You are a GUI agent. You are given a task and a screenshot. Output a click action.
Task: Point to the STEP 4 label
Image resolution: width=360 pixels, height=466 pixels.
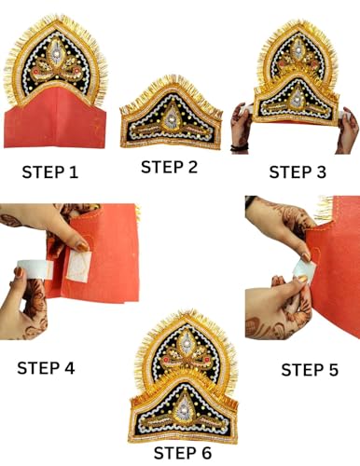coord(46,367)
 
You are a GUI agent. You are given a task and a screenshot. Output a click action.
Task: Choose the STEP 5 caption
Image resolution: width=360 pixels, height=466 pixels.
coord(309,370)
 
